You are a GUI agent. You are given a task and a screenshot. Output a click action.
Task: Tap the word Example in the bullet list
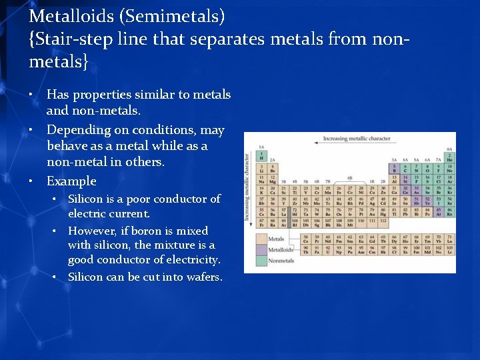tap(71, 181)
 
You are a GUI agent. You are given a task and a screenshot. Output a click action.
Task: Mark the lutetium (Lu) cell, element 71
tap(449, 239)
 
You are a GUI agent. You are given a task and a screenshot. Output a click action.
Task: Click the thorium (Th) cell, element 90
tap(305, 250)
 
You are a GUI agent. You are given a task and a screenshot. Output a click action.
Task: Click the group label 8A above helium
tap(450, 149)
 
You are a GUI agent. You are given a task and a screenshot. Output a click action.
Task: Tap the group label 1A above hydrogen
tap(261, 147)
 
